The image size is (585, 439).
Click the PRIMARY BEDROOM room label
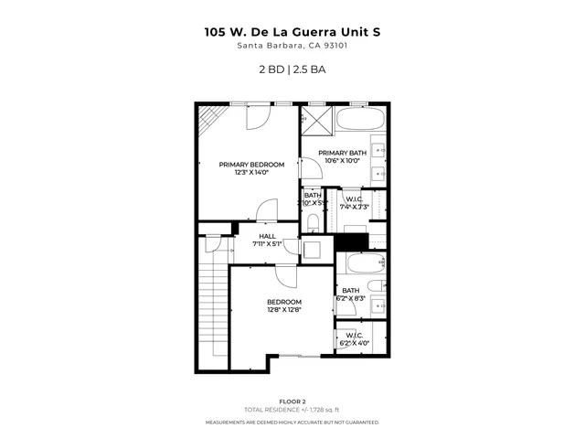(251, 165)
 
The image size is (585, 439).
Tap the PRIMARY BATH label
(342, 153)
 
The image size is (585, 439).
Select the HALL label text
(268, 235)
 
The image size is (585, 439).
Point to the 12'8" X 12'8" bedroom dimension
(283, 309)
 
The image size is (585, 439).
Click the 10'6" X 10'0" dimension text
(343, 161)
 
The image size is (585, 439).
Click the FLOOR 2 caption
(292, 402)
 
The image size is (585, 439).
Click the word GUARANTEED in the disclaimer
(359, 423)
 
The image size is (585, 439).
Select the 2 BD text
(271, 69)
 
